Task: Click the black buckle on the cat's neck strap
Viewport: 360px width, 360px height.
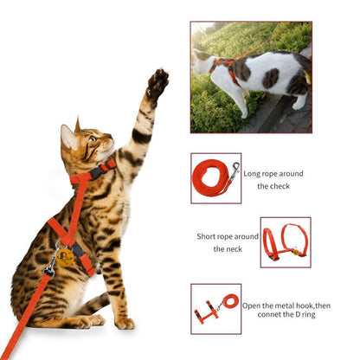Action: [x=95, y=172]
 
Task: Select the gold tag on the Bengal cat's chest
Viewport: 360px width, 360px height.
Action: [x=66, y=255]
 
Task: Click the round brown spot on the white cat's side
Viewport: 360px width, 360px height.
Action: [x=271, y=78]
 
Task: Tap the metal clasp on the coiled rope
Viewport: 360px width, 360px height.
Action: [x=235, y=169]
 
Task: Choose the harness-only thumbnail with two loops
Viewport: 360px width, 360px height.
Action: [x=285, y=241]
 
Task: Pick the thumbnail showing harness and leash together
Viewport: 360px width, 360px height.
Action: [x=215, y=308]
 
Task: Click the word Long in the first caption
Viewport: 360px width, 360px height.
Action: [x=254, y=173]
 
